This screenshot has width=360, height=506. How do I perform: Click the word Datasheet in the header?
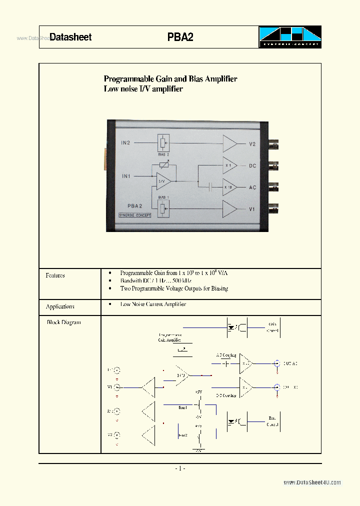tap(70, 37)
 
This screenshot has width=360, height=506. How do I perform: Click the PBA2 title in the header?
tap(180, 37)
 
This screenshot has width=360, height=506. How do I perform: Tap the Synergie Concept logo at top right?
tap(289, 37)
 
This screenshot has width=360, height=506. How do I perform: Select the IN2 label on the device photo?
tap(125, 143)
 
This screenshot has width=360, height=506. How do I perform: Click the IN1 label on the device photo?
tap(126, 176)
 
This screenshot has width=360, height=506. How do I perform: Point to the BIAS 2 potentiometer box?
tap(163, 143)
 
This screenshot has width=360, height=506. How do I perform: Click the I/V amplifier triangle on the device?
tap(163, 181)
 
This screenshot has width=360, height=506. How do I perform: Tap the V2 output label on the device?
tap(252, 144)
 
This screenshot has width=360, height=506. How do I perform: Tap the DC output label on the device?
tap(252, 165)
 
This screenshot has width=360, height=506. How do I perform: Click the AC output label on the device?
tap(252, 187)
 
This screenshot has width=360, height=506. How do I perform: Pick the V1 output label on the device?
tap(252, 209)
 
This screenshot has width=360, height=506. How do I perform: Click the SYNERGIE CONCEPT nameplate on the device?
tap(135, 215)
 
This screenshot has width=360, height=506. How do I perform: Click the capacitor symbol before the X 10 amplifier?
tap(210, 187)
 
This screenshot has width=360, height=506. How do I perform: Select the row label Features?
tap(55, 275)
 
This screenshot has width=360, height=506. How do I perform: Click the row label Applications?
tap(60, 306)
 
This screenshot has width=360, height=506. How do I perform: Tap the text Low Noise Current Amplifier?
tap(153, 304)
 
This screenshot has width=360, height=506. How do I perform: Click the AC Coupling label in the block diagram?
tap(226, 355)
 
